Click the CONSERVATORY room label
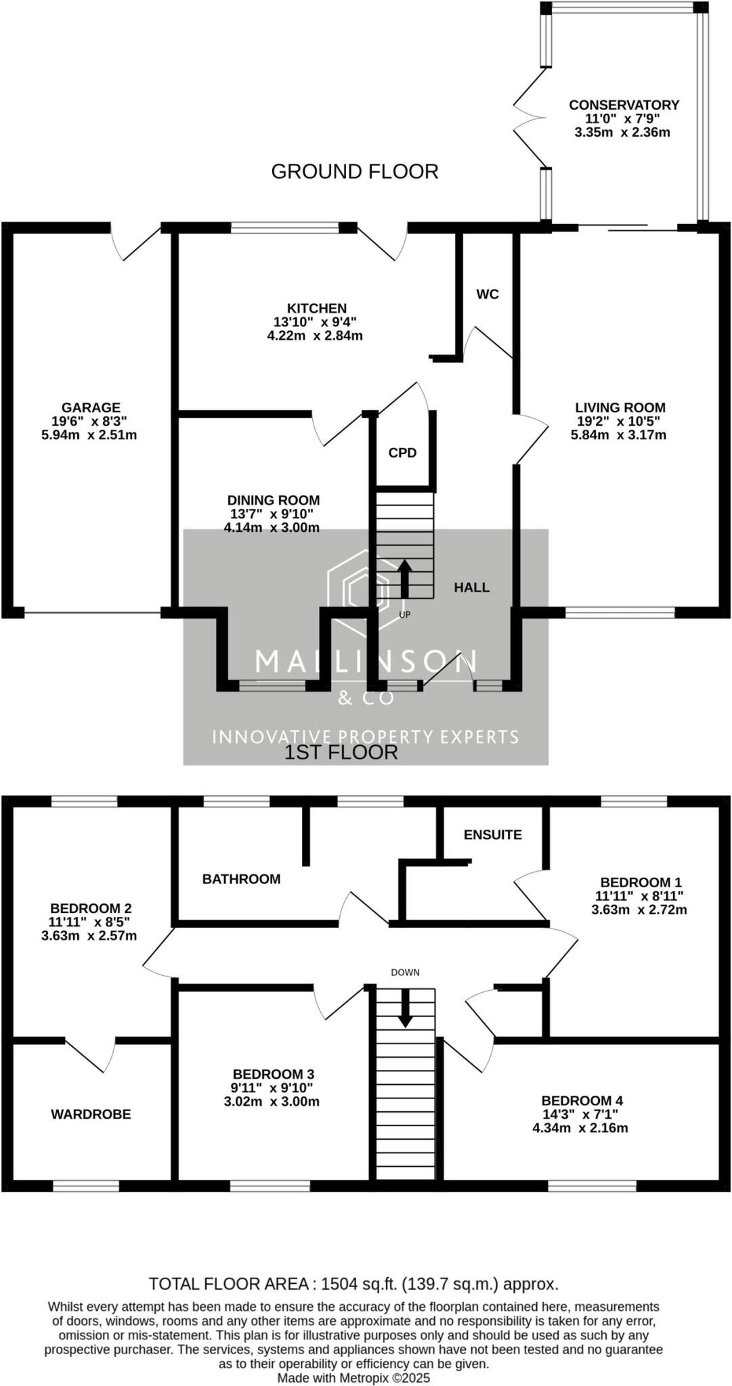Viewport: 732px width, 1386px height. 624,105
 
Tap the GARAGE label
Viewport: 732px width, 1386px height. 91,407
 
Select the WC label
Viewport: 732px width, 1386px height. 488,294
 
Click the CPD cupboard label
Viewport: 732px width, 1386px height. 402,453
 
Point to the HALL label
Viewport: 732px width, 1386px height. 472,587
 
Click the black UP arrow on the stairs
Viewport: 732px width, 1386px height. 404,578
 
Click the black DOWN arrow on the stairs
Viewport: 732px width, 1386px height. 405,1008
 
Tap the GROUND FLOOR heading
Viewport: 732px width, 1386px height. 355,172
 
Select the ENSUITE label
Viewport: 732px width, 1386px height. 493,835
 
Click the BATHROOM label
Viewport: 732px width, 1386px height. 241,879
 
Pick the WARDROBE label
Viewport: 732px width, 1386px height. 91,1114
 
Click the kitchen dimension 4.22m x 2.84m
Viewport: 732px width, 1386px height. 315,336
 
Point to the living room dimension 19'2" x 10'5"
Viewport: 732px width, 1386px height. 619,421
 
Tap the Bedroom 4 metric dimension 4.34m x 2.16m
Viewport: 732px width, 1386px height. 580,1127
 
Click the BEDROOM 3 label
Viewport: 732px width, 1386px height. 274,1074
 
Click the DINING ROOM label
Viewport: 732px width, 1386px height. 274,500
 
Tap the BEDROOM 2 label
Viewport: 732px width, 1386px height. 91,908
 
